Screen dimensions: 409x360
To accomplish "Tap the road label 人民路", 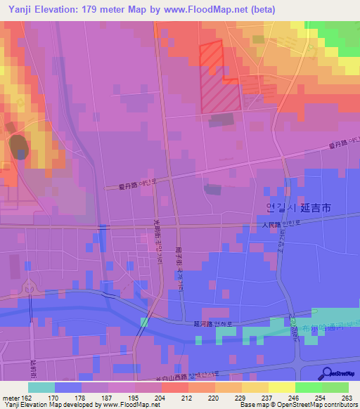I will click(266, 226).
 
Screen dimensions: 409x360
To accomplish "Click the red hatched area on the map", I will click(220, 77).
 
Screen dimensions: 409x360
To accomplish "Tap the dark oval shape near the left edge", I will click(18, 146).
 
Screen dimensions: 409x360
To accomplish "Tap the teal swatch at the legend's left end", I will click(41, 387).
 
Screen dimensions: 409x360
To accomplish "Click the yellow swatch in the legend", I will click(281, 387).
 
